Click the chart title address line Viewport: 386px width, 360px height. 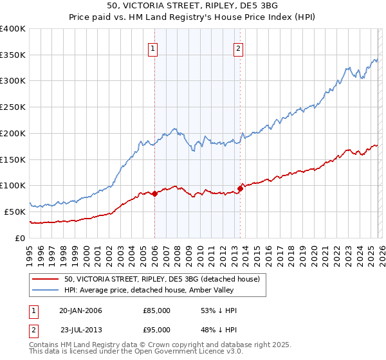pyautogui.click(x=193, y=6)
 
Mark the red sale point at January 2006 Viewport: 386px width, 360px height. pyautogui.click(x=154, y=194)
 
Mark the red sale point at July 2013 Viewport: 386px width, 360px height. pyautogui.click(x=240, y=188)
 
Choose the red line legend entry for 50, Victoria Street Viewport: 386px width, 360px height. pyautogui.click(x=161, y=279)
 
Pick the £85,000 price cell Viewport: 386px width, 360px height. pyautogui.click(x=156, y=310)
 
